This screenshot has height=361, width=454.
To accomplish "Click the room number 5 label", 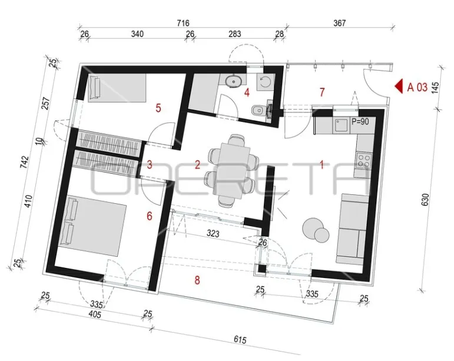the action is coord(158,108).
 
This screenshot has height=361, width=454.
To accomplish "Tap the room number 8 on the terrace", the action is coord(197,280).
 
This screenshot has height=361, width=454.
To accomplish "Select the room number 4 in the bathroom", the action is coord(247,92).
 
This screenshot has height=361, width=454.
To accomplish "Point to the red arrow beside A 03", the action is coord(399,87).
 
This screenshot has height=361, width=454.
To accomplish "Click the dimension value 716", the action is coord(183,23).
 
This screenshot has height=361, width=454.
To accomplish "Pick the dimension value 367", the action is coord(339,23).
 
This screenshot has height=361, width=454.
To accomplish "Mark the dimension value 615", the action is coord(240,339).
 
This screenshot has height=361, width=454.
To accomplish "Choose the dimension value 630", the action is coord(425,200).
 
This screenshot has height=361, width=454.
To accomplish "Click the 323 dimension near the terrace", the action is coord(213,233).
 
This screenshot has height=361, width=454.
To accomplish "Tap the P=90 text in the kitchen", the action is coord(360,121).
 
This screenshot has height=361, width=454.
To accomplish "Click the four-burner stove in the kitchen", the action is coord(364,160).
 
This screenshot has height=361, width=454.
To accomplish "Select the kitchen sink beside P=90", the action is coord(342,125).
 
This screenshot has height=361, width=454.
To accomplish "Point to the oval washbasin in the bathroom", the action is coord(234,81).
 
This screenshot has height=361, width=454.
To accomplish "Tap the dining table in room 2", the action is coord(231,171).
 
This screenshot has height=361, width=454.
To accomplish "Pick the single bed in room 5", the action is coord(117,88).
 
